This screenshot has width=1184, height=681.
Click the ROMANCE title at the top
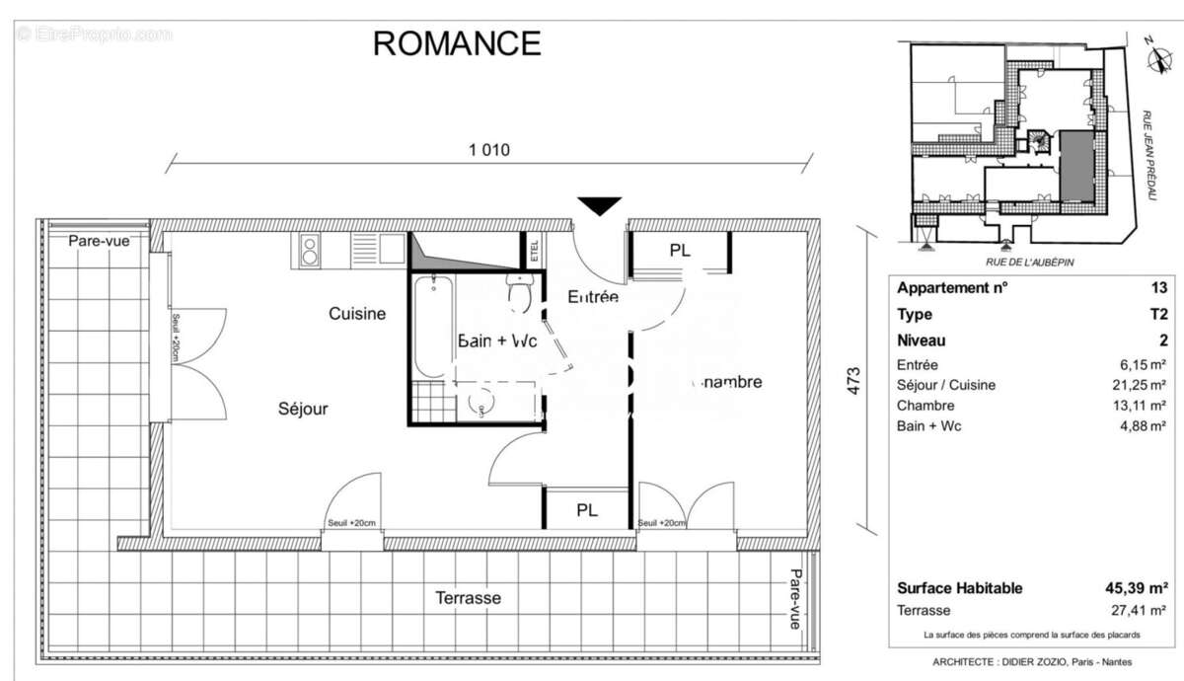456,43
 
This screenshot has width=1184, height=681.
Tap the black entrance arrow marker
600,205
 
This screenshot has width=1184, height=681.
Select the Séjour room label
303,409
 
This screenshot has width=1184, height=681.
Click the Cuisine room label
357,314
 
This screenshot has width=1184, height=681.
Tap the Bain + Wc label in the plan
497,340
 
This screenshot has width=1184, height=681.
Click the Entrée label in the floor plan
592,296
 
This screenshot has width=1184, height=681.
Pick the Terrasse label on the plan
469,598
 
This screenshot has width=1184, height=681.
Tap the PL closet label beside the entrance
680,251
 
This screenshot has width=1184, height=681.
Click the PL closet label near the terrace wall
587,511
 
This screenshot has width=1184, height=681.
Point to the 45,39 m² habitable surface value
1135,588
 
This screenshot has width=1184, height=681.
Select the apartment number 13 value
1158,289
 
